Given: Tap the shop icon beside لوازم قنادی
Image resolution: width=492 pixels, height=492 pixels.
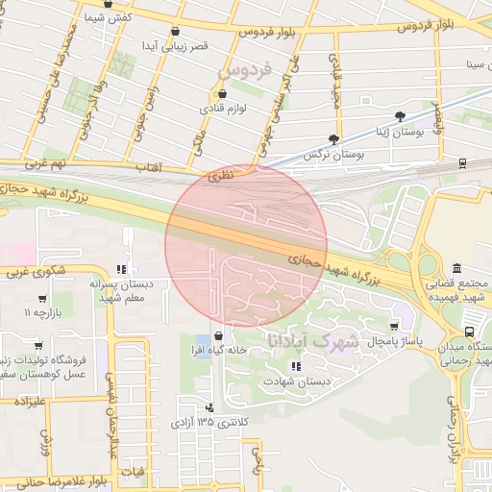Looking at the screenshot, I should tap(223, 94).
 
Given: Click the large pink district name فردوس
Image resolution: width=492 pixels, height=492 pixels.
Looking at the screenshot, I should tap(246, 69).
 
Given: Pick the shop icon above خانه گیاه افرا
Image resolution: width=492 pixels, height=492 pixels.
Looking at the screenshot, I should tap(220, 335).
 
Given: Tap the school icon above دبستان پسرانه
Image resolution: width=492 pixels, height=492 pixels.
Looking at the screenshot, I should tap(121, 270).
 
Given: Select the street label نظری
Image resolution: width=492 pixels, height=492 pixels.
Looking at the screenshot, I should tap(221, 178).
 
